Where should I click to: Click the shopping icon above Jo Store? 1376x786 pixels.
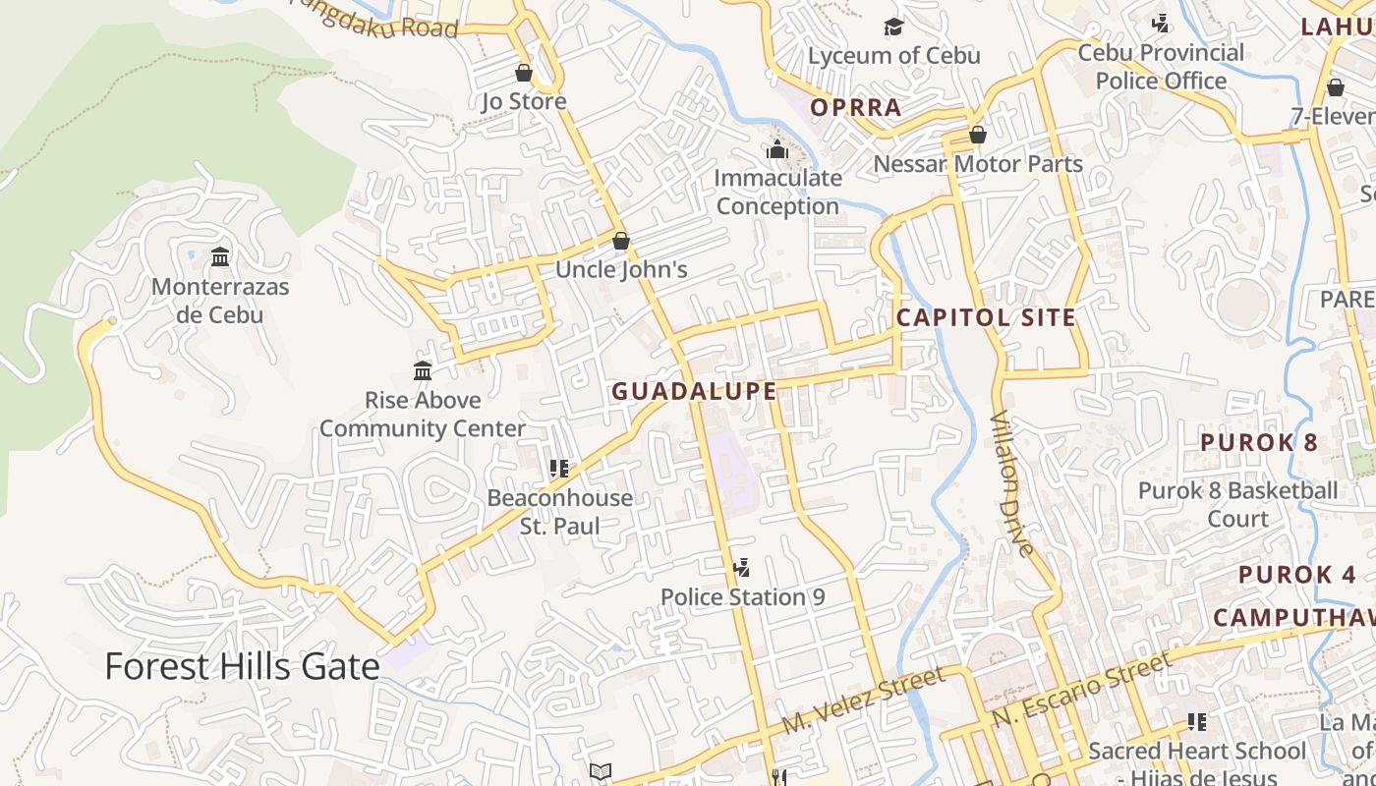[x=524, y=73]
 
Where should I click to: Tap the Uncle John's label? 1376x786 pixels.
[x=621, y=269]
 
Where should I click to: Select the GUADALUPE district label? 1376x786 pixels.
[x=694, y=391]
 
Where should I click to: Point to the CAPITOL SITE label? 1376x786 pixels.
[x=986, y=317]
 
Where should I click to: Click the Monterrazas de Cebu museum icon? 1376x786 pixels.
[x=221, y=257]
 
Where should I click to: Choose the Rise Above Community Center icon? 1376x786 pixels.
[x=423, y=370]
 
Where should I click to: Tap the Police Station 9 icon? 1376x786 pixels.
[x=742, y=568]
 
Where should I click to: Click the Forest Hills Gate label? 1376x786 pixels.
[x=242, y=666]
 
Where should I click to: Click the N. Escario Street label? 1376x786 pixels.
[x=1081, y=691]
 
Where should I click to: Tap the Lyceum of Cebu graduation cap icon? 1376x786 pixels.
[x=893, y=27]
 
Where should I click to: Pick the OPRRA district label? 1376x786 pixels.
[x=856, y=107]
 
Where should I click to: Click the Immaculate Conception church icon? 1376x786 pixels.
[x=777, y=150]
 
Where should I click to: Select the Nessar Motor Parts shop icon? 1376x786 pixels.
[x=977, y=135]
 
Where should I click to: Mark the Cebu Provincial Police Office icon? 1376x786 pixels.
[x=1161, y=23]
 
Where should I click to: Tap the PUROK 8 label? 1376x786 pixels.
[x=1259, y=442]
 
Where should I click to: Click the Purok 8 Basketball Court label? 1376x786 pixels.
[x=1237, y=504]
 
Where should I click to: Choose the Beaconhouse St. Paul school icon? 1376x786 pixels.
[x=559, y=469]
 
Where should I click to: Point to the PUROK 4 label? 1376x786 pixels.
[x=1297, y=575]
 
